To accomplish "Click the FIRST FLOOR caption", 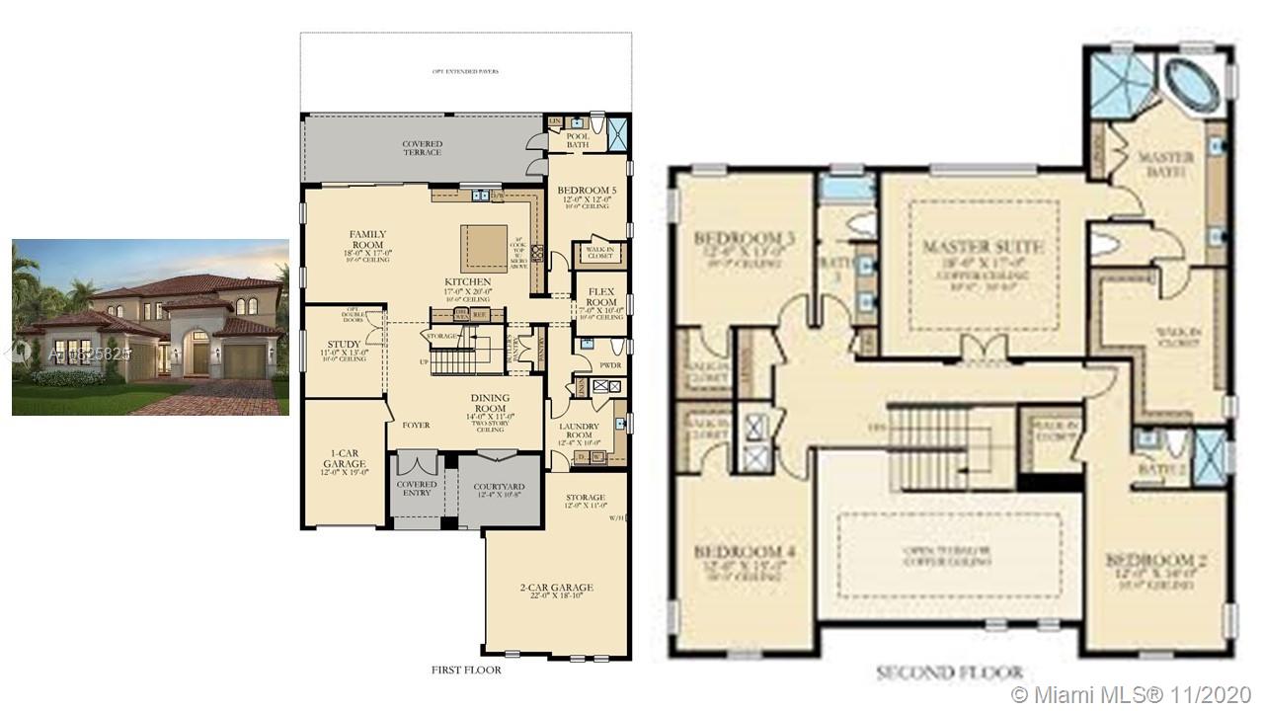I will point(466,670).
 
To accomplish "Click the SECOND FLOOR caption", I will point(948,673).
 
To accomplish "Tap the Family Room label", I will point(367,240).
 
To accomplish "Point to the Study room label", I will point(344,345).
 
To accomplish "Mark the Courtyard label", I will point(499,487).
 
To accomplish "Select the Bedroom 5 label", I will point(587,191).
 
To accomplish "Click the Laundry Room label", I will point(580,429).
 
